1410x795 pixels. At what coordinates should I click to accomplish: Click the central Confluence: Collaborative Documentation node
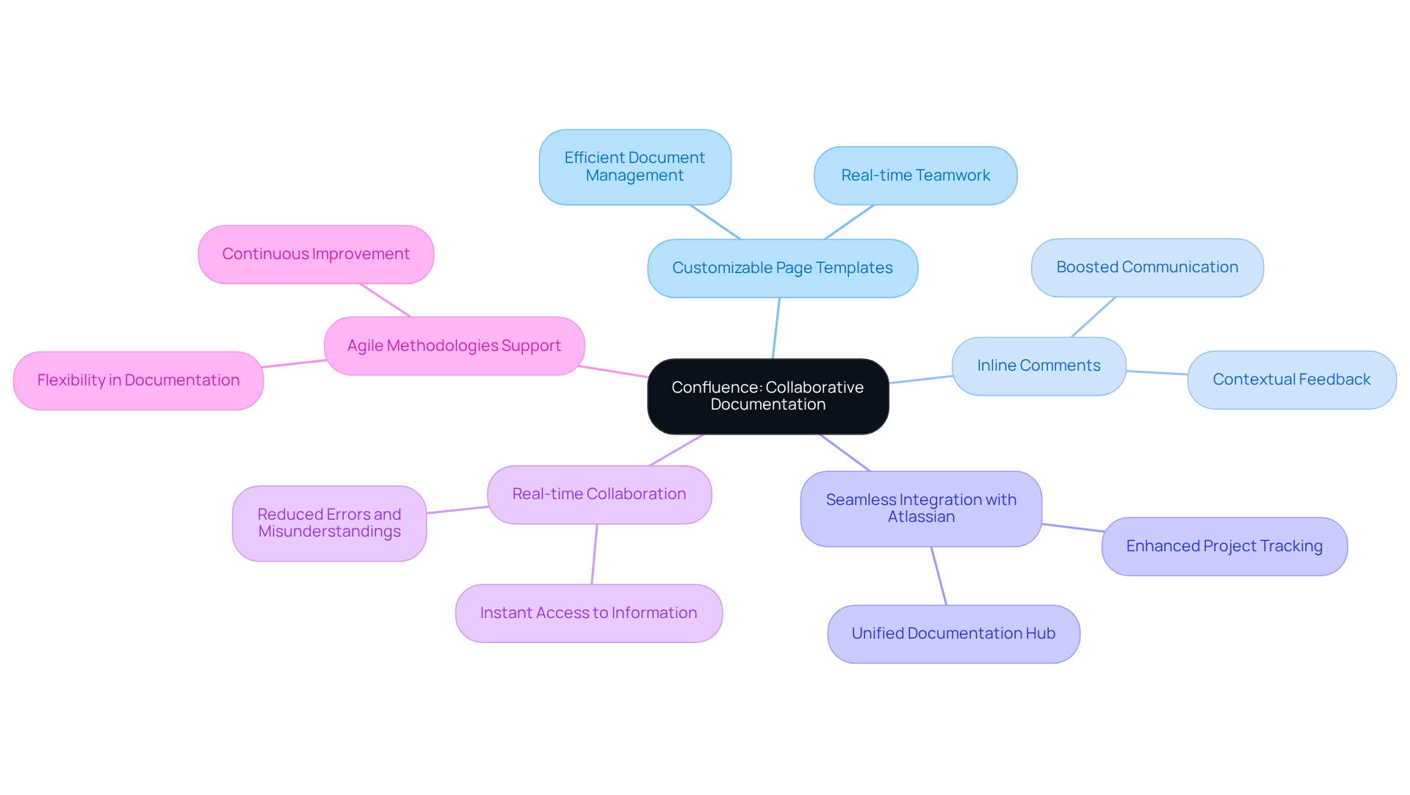767,396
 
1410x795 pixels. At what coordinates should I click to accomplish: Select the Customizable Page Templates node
782,268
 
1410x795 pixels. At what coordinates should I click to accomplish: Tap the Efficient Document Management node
634,167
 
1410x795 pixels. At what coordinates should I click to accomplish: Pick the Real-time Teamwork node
915,175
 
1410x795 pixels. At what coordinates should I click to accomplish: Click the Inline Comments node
1038,366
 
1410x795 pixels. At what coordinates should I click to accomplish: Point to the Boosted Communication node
1147,267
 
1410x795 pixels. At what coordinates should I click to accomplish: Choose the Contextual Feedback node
1291,380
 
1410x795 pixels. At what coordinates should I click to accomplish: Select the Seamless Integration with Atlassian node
921,508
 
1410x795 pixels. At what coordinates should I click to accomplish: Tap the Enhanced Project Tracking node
1224,546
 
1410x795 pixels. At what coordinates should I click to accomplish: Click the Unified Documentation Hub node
953,634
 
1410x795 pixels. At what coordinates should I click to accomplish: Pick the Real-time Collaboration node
599,494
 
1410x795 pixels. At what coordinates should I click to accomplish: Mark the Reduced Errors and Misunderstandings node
329,523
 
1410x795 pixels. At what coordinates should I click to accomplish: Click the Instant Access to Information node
588,613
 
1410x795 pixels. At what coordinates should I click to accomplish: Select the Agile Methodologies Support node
454,346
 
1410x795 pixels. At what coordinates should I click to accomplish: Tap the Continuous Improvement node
316,254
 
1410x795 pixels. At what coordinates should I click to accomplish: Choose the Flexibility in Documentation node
138,380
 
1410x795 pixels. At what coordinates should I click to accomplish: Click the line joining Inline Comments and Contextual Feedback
1157,373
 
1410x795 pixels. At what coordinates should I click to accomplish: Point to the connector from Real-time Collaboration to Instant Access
595,554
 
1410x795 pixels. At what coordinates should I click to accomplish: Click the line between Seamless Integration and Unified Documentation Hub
939,576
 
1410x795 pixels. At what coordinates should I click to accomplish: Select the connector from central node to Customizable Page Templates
776,328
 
